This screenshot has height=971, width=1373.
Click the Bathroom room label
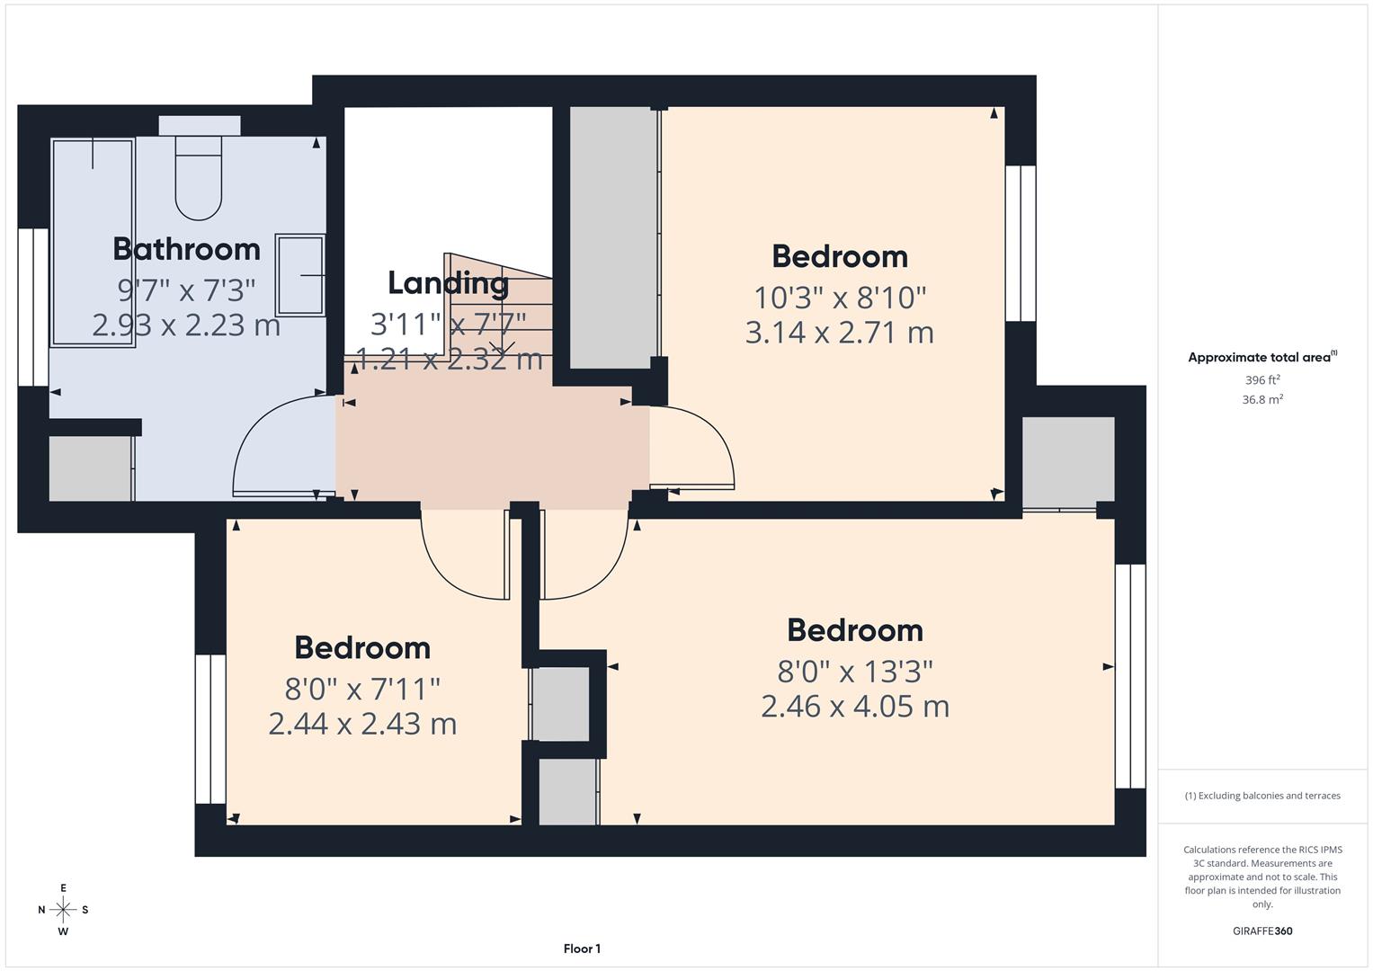click(186, 249)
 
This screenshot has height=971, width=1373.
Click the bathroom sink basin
click(300, 275)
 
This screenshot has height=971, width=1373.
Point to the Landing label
click(448, 283)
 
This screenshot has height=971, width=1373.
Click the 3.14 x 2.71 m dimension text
click(839, 333)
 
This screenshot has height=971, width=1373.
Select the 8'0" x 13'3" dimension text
click(854, 671)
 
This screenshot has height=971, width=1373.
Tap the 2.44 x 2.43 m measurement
click(362, 724)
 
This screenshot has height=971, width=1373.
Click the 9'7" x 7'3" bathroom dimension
click(186, 290)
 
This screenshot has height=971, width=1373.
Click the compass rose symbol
click(63, 910)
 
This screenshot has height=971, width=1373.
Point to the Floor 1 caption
click(582, 949)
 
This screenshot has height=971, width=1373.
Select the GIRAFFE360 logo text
click(1262, 931)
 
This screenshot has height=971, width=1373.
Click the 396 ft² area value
click(1262, 380)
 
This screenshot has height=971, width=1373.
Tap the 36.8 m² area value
click(1262, 400)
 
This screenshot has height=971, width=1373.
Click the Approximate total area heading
click(1262, 358)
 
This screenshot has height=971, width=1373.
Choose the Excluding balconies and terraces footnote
click(1262, 796)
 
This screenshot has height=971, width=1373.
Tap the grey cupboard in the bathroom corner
click(90, 468)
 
